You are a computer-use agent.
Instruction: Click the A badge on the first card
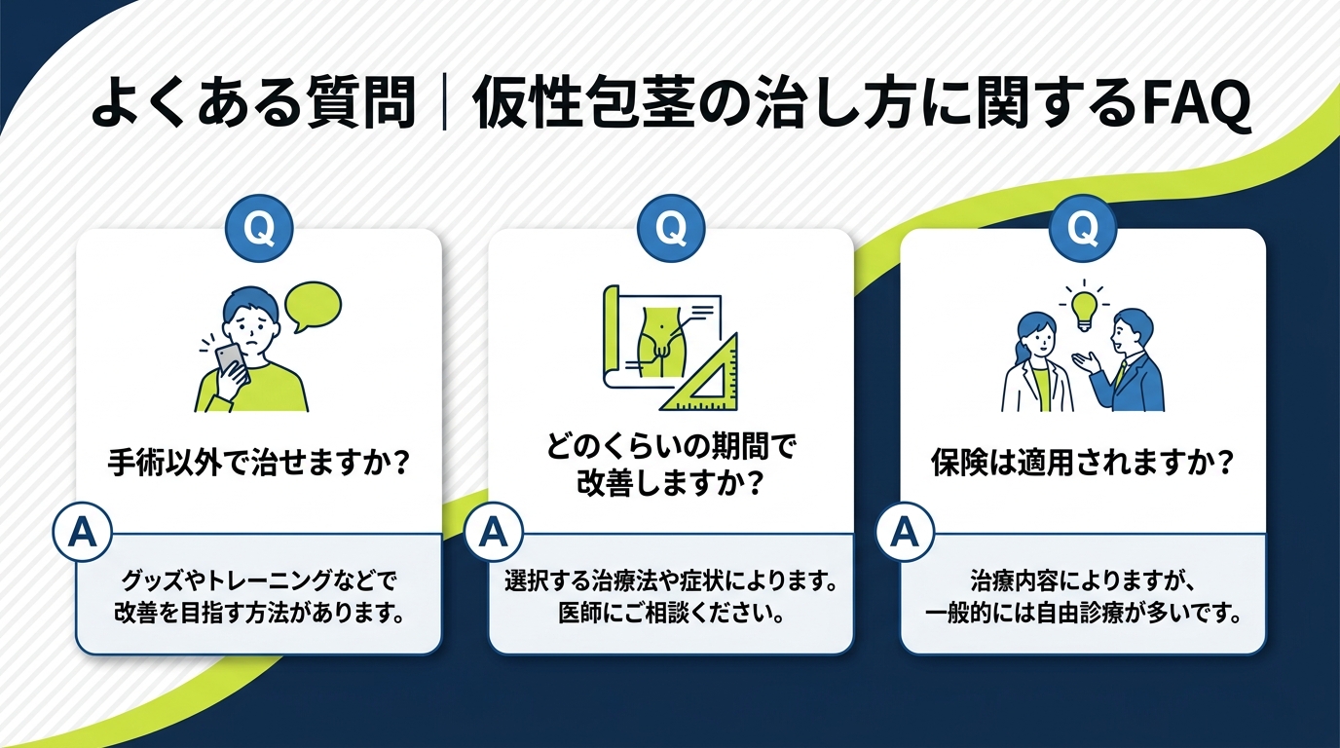click(83, 533)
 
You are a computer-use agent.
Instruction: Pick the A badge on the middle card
click(495, 533)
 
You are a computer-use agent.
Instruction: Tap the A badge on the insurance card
click(907, 533)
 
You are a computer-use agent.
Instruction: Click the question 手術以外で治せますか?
click(258, 461)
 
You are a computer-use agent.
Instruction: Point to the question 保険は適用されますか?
click(1082, 461)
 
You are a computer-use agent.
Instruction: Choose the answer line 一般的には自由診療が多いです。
click(1082, 617)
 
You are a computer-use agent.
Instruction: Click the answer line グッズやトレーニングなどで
click(258, 581)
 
